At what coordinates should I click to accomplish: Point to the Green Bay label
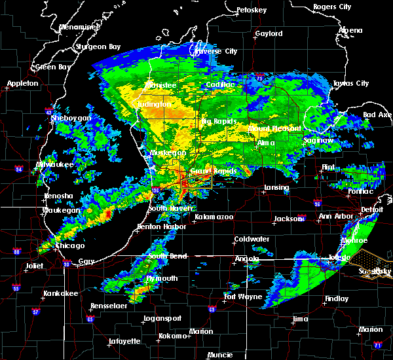tap(53, 67)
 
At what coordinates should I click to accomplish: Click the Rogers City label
tap(332, 7)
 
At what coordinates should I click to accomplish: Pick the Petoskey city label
tap(271, 10)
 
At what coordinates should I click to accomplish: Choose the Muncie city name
tap(219, 355)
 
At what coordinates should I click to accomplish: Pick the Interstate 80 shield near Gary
tap(66, 264)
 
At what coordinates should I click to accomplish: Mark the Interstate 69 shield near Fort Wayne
tap(212, 310)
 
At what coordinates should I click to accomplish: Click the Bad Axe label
tap(377, 115)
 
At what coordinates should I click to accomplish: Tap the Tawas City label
tap(351, 84)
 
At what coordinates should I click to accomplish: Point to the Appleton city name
tap(23, 84)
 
